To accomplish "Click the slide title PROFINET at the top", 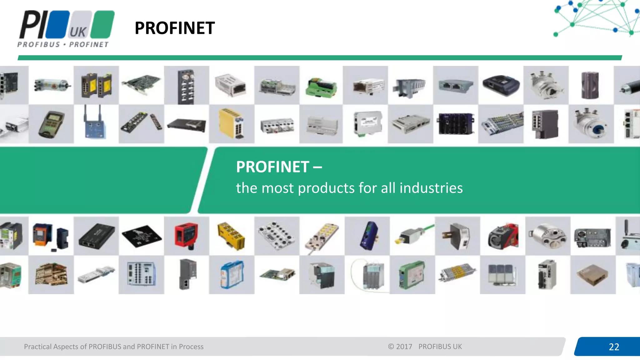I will click(175, 28).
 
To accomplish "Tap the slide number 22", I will click(614, 347).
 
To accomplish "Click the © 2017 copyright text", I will click(400, 347).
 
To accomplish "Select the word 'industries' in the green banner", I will click(431, 188).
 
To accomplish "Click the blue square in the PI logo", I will click(57, 24).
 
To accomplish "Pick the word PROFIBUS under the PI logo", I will click(38, 45).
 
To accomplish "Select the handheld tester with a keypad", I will click(51, 124).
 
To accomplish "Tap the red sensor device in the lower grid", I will click(186, 236).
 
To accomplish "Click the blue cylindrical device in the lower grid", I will click(368, 236).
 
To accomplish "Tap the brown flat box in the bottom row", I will click(592, 275).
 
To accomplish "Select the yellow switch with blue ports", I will click(232, 123).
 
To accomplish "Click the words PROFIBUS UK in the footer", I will click(440, 347).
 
